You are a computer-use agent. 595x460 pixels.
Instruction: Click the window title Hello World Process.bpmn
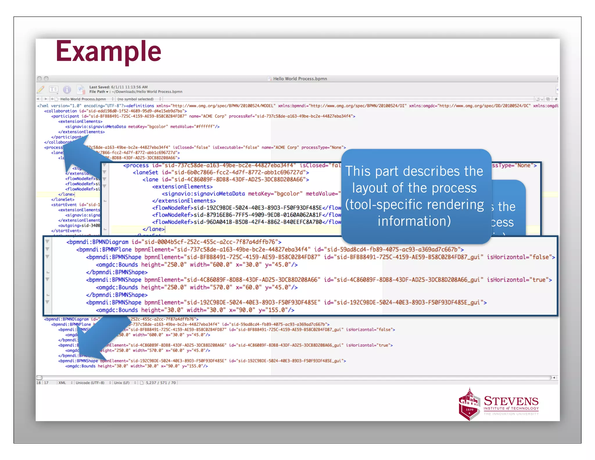[300, 79]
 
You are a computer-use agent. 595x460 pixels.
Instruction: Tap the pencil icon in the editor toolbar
[41, 89]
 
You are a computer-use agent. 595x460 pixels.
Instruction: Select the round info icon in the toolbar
[67, 90]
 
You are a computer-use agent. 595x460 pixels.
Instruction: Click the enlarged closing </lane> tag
[153, 229]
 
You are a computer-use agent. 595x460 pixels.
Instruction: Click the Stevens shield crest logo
[469, 405]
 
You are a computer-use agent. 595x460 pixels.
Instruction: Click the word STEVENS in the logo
[511, 401]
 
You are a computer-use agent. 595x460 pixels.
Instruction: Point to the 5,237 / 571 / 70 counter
[161, 383]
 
